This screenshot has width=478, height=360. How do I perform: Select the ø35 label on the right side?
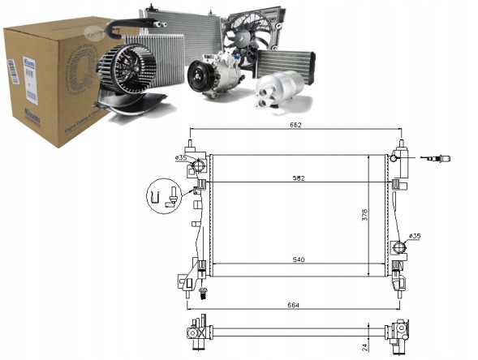[x=414, y=236]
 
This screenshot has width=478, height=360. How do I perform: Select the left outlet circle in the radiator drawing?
[x=195, y=168]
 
